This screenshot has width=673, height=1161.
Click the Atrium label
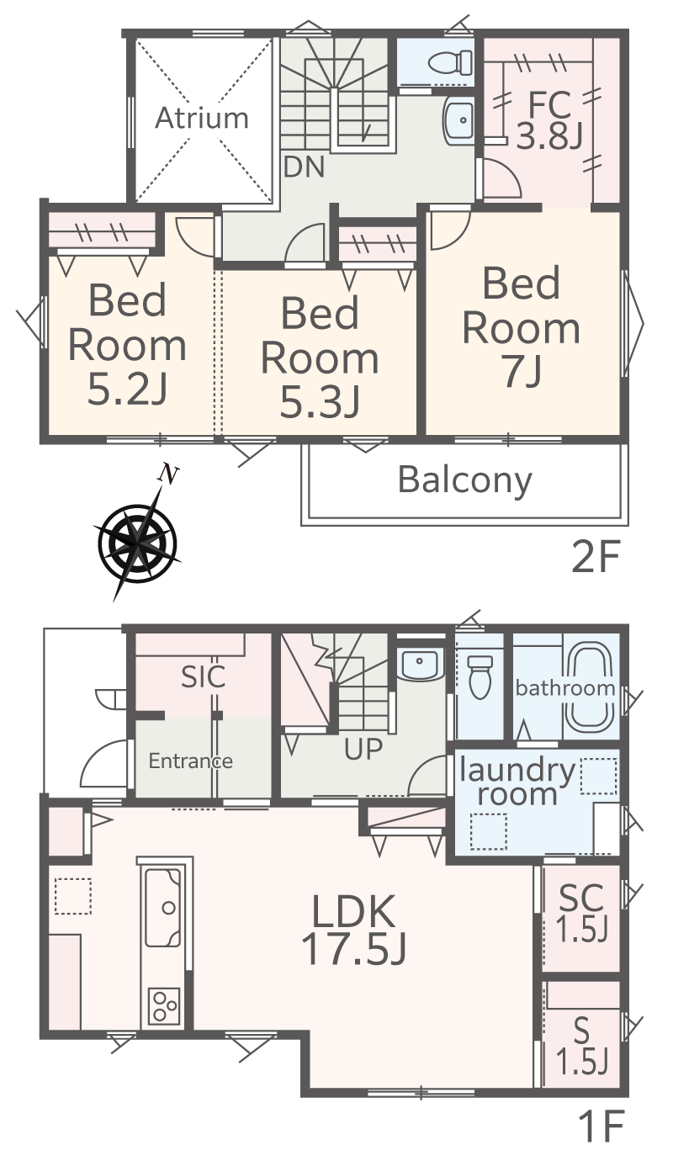202,118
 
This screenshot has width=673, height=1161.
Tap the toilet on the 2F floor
450,62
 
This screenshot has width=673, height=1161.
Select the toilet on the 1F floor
480,677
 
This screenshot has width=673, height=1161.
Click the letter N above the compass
168,474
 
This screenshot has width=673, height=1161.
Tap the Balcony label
464,480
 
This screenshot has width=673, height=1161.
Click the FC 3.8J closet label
549,120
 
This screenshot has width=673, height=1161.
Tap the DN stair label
305,167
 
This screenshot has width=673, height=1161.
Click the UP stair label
363,749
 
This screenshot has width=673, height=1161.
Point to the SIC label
204,676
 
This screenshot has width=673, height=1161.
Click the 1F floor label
601,1140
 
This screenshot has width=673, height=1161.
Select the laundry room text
517,782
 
